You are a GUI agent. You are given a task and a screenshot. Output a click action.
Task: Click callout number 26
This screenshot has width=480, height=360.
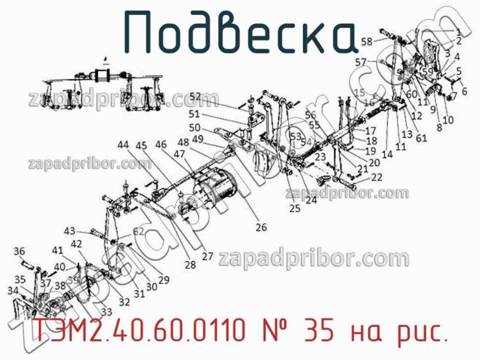pyautogui.click(x=261, y=227)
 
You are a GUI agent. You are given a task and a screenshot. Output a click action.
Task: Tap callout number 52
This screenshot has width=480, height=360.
pyautogui.click(x=196, y=97)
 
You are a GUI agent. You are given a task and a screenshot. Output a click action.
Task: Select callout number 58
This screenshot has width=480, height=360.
pyautogui.click(x=366, y=41)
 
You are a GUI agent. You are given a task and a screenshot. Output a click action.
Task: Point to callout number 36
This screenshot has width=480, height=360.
pyautogui.click(x=19, y=251)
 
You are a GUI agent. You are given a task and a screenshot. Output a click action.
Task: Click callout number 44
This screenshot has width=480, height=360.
pyautogui.click(x=123, y=145)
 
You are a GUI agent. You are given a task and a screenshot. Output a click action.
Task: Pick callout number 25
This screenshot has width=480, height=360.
pyautogui.click(x=294, y=209)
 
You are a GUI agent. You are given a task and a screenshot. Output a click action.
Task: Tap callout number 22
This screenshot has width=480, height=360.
pyautogui.click(x=376, y=177)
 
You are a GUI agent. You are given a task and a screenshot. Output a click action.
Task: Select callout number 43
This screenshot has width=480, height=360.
pyautogui.click(x=70, y=230)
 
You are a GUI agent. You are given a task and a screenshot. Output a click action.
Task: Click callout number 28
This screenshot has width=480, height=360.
pyautogui.click(x=190, y=265)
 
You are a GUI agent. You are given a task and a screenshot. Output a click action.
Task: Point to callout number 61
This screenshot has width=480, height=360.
pyautogui.click(x=421, y=137)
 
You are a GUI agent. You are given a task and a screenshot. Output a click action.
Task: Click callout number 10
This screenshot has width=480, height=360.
pyautogui.click(x=448, y=119)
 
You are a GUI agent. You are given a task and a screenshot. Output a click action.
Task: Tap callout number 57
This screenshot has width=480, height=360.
pyautogui.click(x=361, y=62)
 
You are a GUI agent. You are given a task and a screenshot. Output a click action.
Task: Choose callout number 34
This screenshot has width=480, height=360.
pyautogui.click(x=13, y=290)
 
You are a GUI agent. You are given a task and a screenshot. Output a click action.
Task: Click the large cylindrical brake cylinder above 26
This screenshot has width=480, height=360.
pyautogui.click(x=210, y=189)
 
